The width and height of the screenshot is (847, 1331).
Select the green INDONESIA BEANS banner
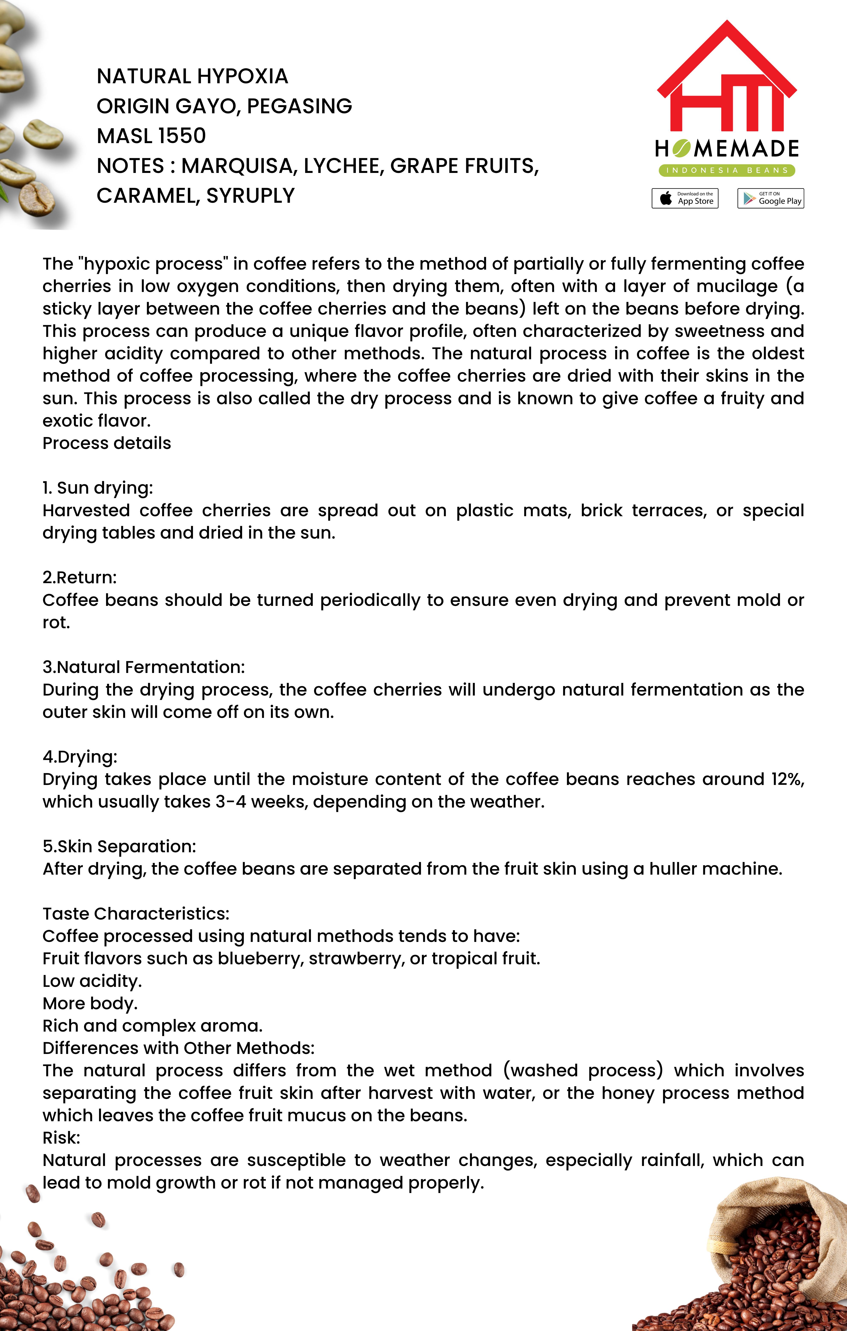point(726,170)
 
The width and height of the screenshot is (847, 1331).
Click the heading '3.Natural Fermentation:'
point(144,667)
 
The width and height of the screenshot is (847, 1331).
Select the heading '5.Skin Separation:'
point(119,846)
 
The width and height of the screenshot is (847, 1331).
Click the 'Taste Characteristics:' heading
point(136,914)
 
